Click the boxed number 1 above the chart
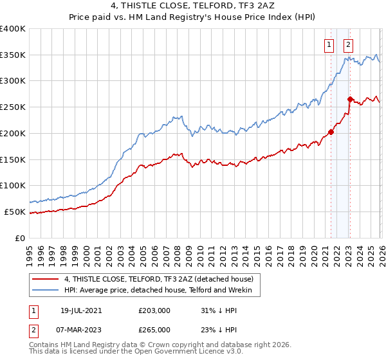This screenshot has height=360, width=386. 329,45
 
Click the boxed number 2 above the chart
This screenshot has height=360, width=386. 348,45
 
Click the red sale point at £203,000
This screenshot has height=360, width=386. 331,132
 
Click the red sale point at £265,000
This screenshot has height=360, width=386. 350,99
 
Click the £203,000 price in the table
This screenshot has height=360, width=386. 154,309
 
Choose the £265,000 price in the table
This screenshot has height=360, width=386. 154,329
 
